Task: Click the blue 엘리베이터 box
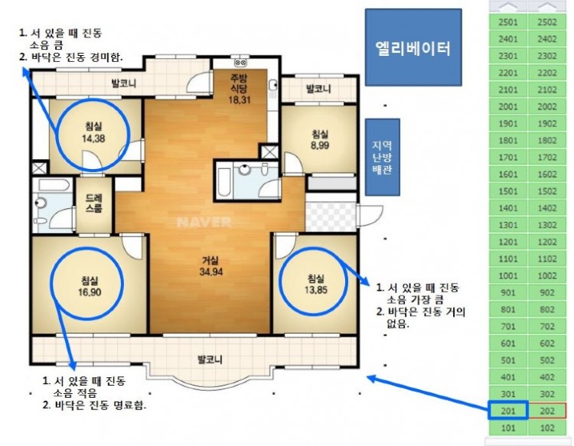pos(413,47)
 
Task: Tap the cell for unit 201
pos(507,410)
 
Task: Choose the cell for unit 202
pos(546,410)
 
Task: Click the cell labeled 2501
pos(507,23)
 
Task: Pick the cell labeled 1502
pos(546,191)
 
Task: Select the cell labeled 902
pos(546,292)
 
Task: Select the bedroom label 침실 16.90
pos(89,285)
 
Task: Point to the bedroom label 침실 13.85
pos(315,283)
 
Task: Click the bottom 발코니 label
pos(209,358)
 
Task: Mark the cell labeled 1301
pos(507,225)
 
